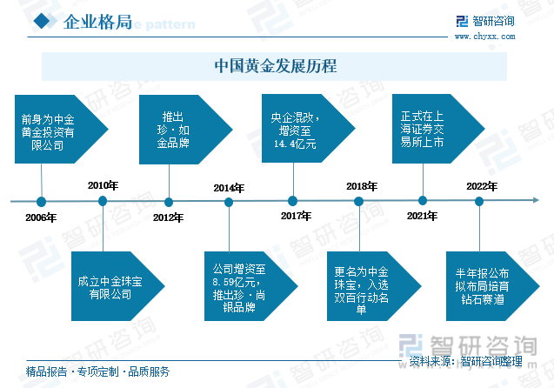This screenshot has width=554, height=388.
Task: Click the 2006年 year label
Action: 41,217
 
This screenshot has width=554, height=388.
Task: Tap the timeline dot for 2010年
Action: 103,201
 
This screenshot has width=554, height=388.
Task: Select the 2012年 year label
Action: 168,217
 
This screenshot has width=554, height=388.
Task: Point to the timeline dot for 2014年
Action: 229,202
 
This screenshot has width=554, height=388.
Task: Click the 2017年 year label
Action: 296,216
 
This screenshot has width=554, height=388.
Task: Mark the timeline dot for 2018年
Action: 358,202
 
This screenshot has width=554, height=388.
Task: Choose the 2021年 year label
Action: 422,216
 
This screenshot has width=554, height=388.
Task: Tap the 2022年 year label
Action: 482,186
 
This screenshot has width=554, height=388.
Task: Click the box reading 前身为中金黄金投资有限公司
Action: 61,130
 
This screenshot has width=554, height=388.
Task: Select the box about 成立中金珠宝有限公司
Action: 118,286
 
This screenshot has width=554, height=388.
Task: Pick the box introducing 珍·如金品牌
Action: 186,130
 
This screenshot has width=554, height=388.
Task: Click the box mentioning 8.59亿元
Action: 251,286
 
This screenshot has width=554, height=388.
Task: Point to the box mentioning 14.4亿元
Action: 309,128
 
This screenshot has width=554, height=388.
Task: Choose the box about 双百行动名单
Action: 374,286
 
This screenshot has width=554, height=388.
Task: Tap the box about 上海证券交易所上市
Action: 438,129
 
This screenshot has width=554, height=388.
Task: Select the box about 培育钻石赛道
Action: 493,286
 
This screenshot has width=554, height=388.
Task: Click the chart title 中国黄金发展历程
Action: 276,66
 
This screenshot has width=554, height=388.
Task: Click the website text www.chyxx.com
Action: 484,37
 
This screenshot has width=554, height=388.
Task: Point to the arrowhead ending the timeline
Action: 536,200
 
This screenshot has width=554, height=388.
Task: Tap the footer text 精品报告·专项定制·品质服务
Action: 97,371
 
